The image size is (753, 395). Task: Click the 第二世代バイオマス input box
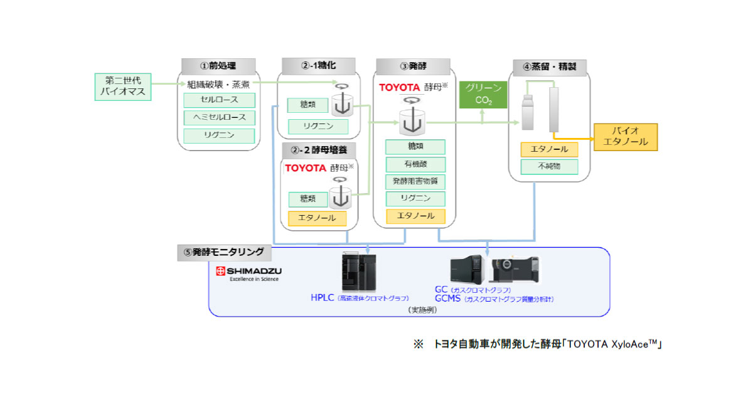click(123, 87)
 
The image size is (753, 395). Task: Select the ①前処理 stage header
click(218, 66)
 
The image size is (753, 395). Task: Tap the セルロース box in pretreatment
click(219, 100)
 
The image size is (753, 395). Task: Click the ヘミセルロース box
click(219, 118)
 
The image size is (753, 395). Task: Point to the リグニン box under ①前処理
click(219, 135)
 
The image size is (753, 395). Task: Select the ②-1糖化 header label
click(318, 66)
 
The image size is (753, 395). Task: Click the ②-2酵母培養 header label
click(319, 150)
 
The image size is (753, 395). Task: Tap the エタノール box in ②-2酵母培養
click(317, 218)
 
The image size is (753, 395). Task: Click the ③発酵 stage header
click(412, 66)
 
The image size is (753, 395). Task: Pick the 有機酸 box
click(415, 164)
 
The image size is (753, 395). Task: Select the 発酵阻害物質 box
click(415, 182)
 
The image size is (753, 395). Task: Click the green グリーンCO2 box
click(483, 94)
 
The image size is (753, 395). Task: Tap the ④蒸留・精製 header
click(549, 66)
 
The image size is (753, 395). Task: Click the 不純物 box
click(549, 167)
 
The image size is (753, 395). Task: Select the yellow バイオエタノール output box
click(625, 136)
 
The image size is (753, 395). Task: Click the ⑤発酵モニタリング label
click(223, 252)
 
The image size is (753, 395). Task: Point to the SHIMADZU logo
click(248, 274)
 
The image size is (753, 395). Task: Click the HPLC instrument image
click(358, 272)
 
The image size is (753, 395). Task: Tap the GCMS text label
click(450, 300)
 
